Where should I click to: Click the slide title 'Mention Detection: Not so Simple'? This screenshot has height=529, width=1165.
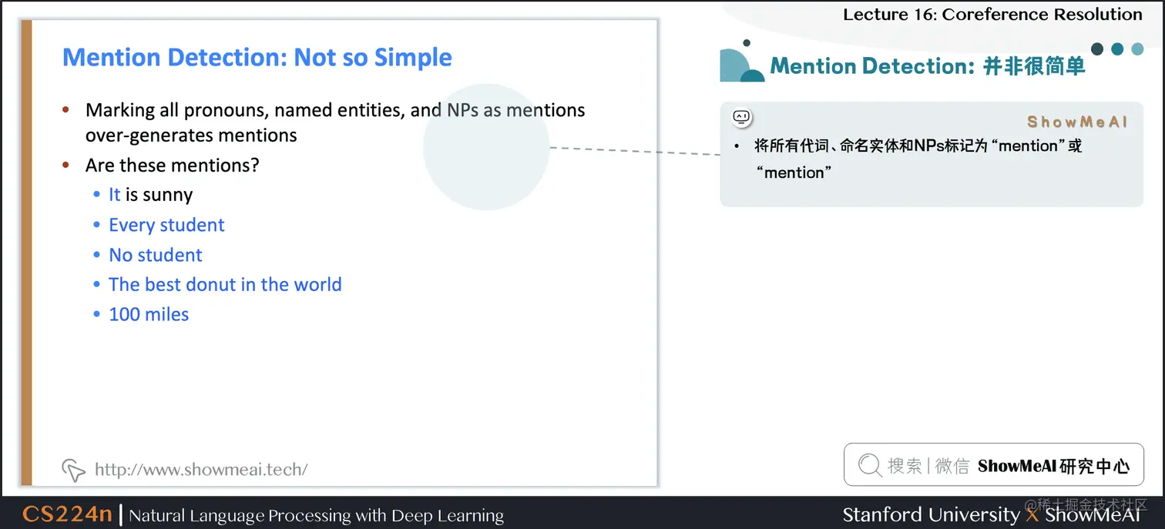coord(257,58)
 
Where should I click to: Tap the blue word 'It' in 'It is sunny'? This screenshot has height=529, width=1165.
coord(115,195)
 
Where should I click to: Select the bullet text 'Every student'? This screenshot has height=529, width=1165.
coord(166,225)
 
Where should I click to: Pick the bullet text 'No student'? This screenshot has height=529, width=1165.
coord(156,255)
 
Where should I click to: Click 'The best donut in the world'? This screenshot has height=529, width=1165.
coord(225,284)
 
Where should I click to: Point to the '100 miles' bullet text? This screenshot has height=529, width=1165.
coord(149,314)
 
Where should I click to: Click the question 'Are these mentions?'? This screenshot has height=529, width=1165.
coord(173,165)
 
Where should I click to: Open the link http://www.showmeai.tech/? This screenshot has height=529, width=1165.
coord(201,469)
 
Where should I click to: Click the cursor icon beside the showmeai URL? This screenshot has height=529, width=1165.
coord(72,469)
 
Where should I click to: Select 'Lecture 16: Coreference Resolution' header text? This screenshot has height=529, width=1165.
coord(992,15)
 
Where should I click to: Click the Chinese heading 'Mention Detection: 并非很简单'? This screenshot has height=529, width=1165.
coord(928,66)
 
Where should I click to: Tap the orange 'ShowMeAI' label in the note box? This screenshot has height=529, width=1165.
coord(1077,122)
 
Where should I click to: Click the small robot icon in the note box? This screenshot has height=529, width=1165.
coord(741,117)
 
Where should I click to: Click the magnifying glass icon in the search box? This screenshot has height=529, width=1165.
coord(869,465)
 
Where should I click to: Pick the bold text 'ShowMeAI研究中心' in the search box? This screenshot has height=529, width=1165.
coord(1053,466)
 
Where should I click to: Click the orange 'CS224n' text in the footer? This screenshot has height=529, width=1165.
coord(67,514)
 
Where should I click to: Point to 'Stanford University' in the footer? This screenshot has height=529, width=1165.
coord(931,514)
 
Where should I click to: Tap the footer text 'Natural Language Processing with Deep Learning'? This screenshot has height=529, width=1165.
coord(317,515)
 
